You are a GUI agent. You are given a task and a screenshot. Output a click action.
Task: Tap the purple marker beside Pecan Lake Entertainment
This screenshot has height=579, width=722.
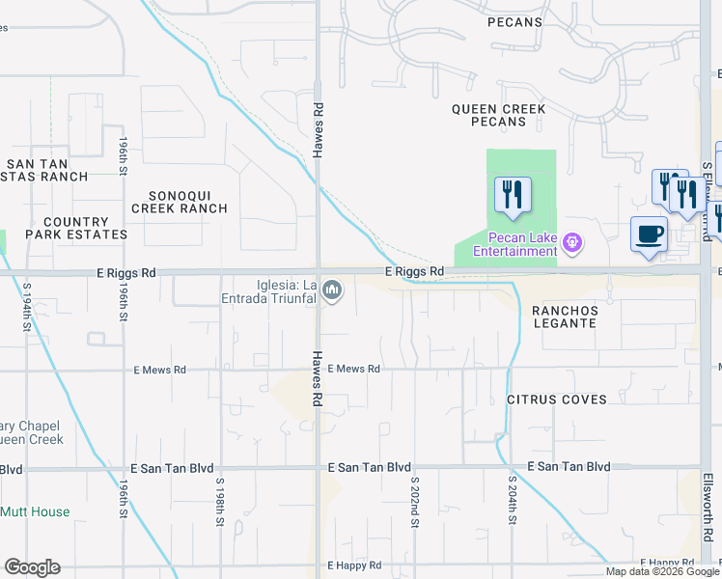572,240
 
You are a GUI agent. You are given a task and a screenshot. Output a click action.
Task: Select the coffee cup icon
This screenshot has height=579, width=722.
649,233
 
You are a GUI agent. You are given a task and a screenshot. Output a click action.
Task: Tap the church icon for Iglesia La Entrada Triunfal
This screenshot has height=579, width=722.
333,289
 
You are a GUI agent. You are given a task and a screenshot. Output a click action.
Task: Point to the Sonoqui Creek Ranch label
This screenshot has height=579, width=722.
180,201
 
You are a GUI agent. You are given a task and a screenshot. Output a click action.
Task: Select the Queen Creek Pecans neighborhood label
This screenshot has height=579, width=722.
498,116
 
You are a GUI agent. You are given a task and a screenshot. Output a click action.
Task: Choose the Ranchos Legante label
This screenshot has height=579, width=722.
566,317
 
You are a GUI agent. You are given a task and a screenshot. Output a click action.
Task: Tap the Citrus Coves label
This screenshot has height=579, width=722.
557,399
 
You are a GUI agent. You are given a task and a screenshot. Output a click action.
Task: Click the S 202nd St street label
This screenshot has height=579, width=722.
414,501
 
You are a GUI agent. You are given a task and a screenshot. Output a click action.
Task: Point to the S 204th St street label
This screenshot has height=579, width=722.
513,501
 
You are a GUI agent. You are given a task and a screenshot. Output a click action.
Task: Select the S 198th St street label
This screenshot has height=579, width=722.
220,501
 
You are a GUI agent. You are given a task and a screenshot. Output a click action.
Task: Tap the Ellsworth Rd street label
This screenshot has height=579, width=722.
708,507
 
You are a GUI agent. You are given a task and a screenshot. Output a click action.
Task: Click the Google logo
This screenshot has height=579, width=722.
32,567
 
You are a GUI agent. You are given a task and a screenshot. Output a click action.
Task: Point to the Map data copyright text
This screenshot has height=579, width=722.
662,571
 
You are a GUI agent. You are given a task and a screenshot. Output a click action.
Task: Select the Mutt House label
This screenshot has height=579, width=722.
35,511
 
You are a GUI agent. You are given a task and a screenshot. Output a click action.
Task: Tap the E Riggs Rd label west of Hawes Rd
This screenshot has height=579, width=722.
126,273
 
